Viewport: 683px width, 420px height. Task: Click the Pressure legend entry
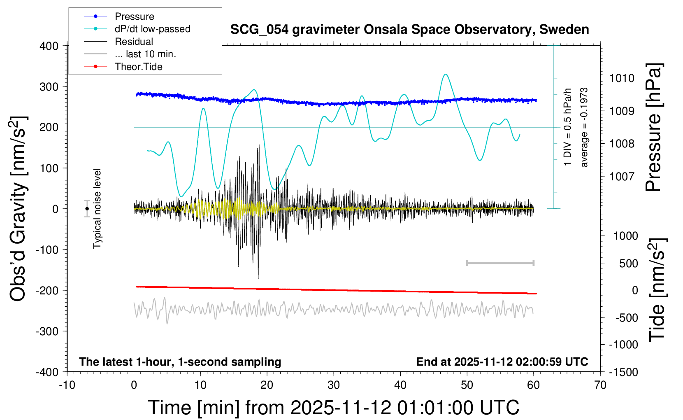pyautogui.click(x=134, y=16)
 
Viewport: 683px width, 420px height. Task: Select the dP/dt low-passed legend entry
pyautogui.click(x=152, y=29)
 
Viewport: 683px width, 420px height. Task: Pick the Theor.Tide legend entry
pyautogui.click(x=138, y=67)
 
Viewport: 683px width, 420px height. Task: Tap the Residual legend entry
pyautogui.click(x=134, y=42)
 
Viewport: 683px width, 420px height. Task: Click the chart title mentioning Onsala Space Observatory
pyautogui.click(x=409, y=30)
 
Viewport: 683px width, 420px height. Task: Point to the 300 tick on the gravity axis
pyautogui.click(x=49, y=87)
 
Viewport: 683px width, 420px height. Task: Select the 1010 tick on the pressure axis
pyautogui.click(x=622, y=78)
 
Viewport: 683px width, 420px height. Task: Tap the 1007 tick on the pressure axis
pyautogui.click(x=622, y=177)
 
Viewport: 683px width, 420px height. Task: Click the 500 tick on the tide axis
pyautogui.click(x=628, y=264)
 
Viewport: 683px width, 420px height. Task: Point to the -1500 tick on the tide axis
pyautogui.click(x=623, y=372)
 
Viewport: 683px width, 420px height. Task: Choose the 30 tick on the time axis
pyautogui.click(x=334, y=385)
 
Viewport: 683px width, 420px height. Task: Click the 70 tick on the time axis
pyautogui.click(x=600, y=385)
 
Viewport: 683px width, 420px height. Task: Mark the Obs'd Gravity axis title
pyautogui.click(x=19, y=209)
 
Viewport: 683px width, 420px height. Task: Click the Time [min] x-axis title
pyautogui.click(x=333, y=408)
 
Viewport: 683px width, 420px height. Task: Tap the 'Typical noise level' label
pyautogui.click(x=97, y=209)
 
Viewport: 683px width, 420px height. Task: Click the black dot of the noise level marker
pyautogui.click(x=87, y=209)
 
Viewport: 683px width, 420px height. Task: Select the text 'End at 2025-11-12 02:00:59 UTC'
pyautogui.click(x=502, y=362)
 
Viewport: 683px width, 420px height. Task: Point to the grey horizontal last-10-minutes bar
pyautogui.click(x=500, y=263)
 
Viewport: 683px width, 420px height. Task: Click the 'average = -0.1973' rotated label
pyautogui.click(x=584, y=127)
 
